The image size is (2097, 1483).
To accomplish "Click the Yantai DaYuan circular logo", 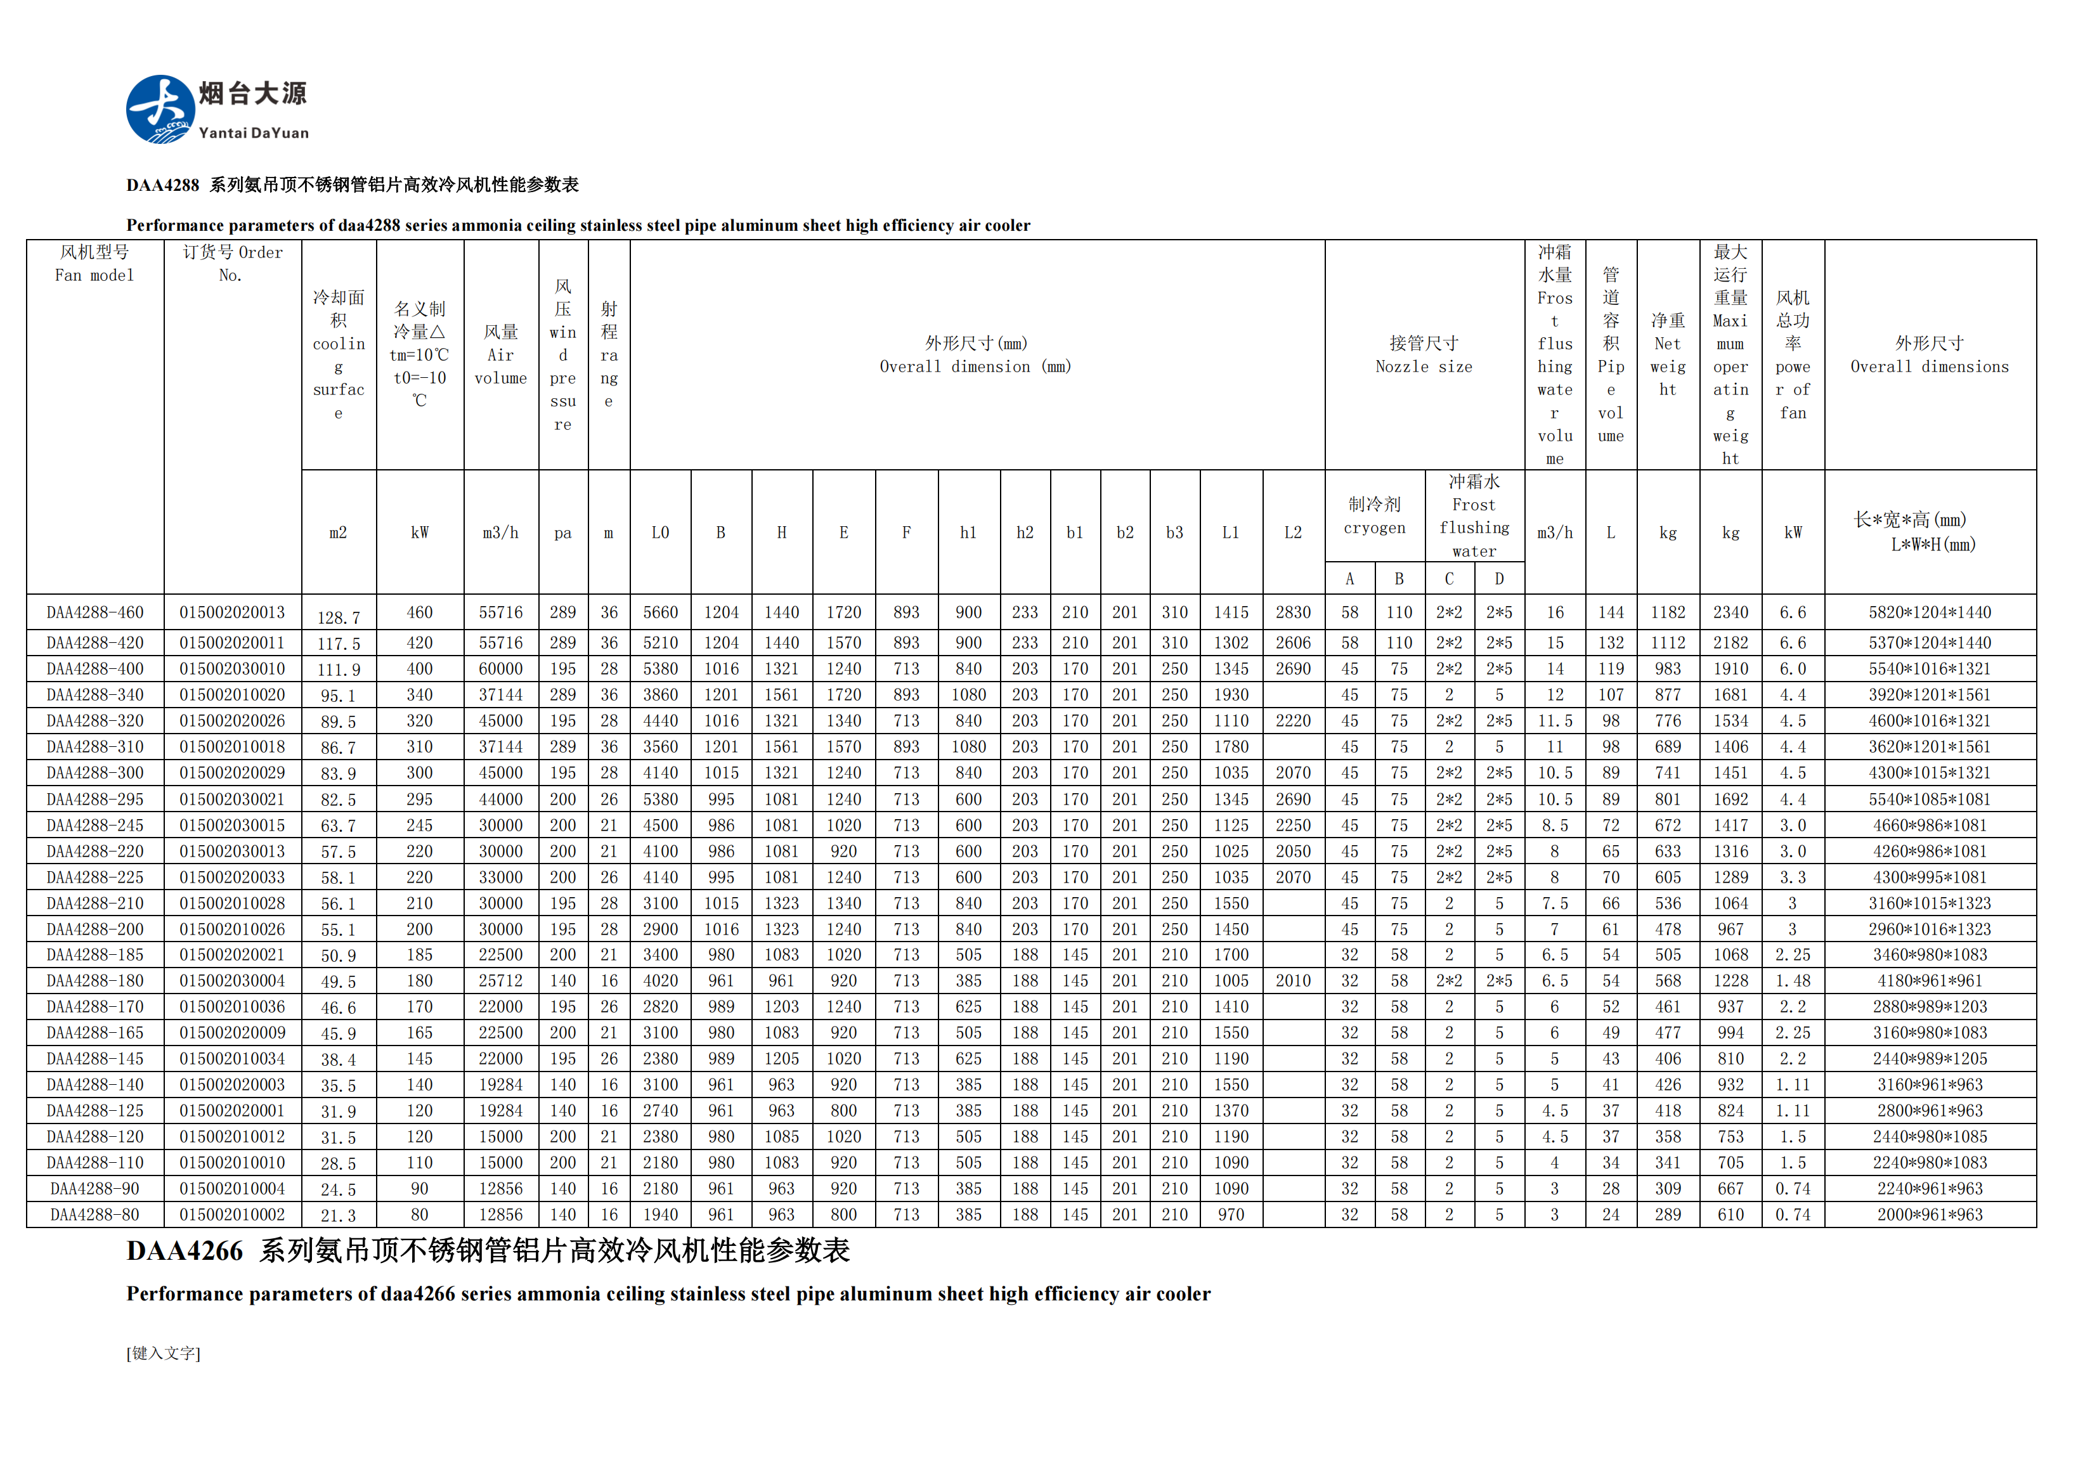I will click(160, 110).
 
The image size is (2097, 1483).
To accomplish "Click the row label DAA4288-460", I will click(95, 612).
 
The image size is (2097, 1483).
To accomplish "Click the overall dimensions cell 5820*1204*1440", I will click(1929, 612).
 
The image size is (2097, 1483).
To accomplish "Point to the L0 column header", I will click(659, 533).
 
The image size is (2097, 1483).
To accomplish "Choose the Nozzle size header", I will click(1424, 355).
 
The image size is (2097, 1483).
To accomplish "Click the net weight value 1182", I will click(1668, 612).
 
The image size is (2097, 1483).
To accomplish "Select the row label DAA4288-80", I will click(95, 1215).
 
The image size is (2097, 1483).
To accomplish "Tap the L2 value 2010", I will click(1292, 981).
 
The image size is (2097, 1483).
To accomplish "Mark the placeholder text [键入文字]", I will click(164, 1353).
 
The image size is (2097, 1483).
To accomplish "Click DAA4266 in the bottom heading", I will click(185, 1251).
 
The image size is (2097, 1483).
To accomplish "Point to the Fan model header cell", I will click(95, 264).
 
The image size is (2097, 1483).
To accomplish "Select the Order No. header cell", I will click(232, 264).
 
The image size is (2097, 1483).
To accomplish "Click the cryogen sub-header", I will click(1373, 516).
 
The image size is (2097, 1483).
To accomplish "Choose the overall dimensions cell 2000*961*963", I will click(1929, 1215).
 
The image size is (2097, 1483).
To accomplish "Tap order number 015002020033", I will click(232, 877).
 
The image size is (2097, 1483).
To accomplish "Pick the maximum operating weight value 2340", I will click(1730, 612).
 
